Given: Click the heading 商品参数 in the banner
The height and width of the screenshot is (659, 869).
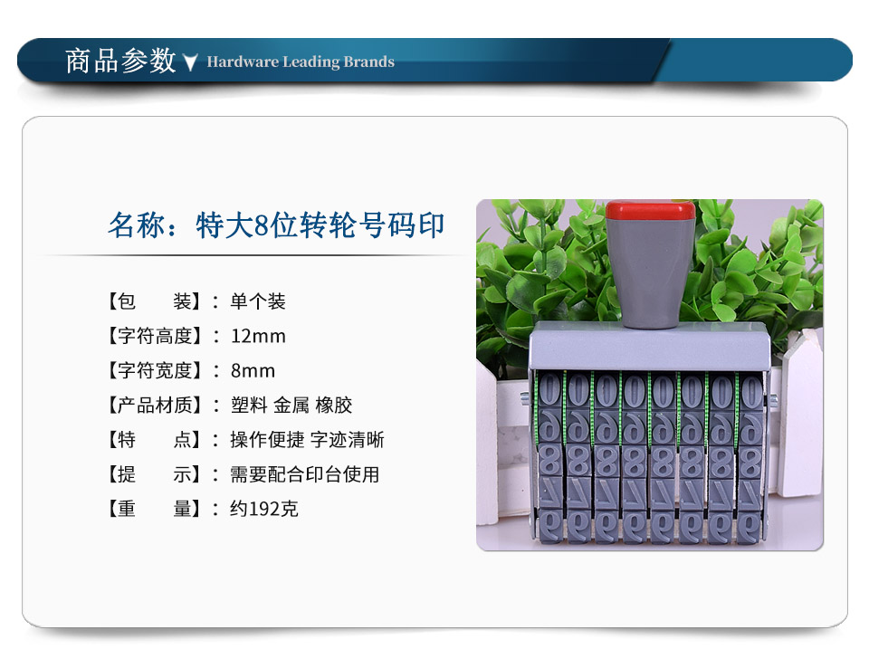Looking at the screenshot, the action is click(120, 61).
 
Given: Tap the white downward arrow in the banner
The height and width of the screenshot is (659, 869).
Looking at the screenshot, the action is click(190, 62).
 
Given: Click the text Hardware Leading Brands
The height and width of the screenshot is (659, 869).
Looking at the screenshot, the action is click(301, 62).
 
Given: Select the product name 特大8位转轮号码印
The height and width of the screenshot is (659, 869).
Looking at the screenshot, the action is click(320, 225).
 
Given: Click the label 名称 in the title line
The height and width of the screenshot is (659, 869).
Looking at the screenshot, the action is click(137, 225).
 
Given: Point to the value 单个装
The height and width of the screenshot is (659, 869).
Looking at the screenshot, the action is click(258, 301).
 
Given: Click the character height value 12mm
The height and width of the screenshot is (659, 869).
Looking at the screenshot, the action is click(258, 336).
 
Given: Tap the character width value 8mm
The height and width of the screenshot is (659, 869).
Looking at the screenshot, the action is click(253, 370).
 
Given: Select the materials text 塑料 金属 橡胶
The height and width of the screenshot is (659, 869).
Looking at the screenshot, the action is click(291, 406).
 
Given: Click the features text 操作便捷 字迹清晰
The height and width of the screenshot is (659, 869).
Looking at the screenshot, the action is click(307, 440).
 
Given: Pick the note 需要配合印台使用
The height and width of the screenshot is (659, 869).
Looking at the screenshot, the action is click(305, 474).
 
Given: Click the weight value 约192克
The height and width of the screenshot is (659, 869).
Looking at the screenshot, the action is click(264, 509).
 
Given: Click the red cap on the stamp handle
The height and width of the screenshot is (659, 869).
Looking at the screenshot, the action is click(651, 211).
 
